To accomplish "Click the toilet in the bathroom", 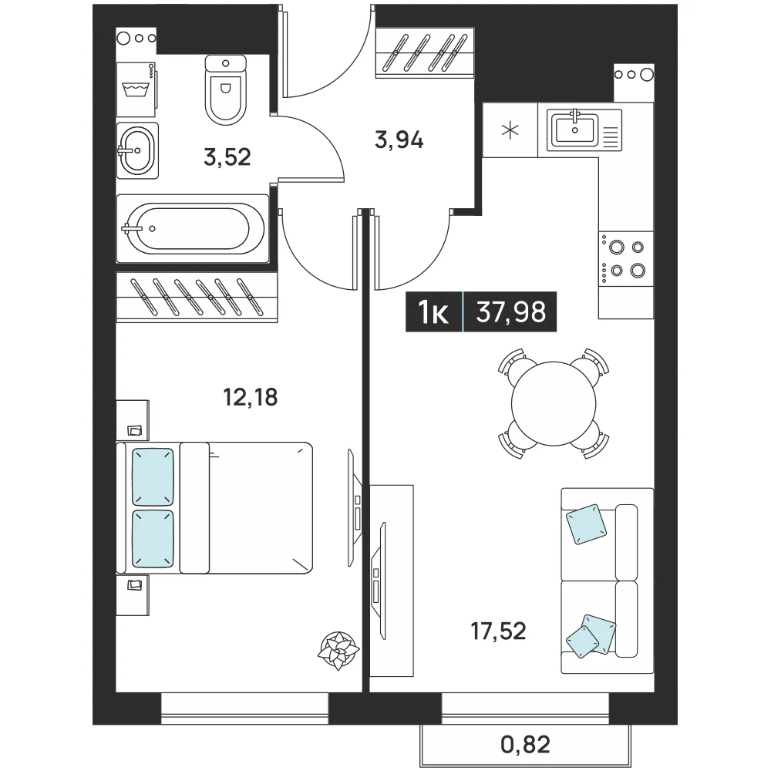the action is coord(225,90).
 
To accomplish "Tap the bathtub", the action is coord(192,229).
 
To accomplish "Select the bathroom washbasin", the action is coord(137,150).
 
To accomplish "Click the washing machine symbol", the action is coord(136,89).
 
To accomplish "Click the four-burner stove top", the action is coord(626,258).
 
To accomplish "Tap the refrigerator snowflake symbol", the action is coord(510,130).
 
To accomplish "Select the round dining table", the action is coord(554,404).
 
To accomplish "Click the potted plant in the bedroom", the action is coord(338,650).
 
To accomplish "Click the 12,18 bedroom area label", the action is coord(251,397).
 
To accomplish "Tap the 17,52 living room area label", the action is coord(499,631).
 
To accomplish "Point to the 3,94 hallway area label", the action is coord(399,140).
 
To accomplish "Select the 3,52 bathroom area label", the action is coord(227,157).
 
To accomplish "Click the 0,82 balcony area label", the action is coord(525,745).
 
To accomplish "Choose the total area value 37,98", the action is coord(511,311).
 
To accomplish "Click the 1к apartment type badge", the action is coord(433,312).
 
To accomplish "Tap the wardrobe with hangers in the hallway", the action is coord(425,52).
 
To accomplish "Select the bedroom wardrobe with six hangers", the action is coord(197,297).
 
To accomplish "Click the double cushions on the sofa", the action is coord(591,636).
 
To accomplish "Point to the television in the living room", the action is coord(379,581).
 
